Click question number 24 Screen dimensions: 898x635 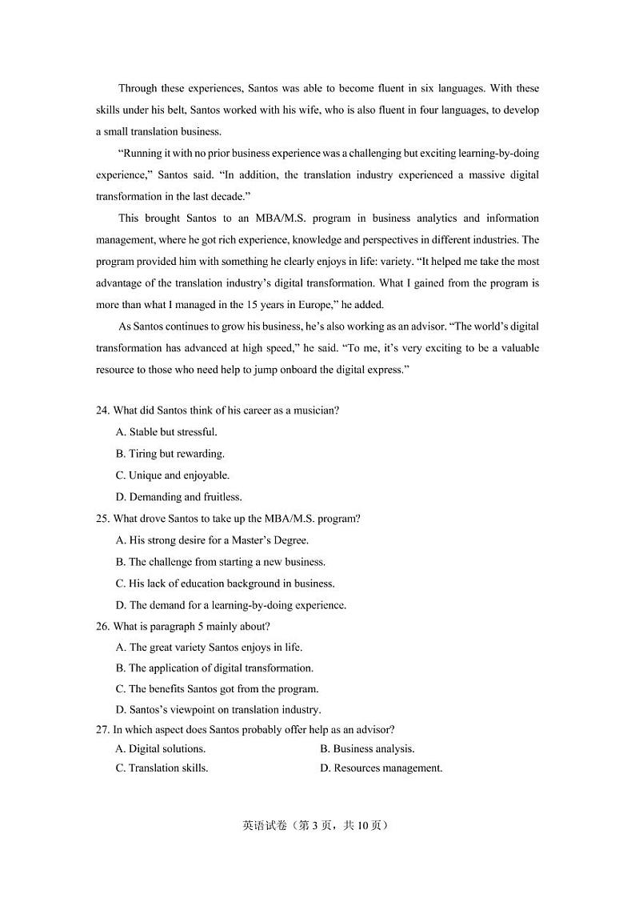point(102,411)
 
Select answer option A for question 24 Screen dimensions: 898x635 point(166,432)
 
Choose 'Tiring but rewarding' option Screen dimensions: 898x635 point(170,454)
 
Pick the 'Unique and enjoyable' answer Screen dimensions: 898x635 point(173,475)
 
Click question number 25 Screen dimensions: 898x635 point(102,519)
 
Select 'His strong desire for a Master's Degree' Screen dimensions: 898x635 point(212,540)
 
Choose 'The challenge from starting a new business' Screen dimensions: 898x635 point(221,562)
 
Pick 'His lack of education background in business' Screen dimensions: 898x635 point(226,583)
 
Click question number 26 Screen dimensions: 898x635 point(102,627)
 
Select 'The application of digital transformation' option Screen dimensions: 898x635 point(214,667)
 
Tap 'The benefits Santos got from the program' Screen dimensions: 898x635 point(218,688)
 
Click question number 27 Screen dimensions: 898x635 point(102,729)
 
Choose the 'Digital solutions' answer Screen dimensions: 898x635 point(161,749)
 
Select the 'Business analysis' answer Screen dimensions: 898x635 point(367,749)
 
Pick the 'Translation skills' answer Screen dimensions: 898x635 point(162,768)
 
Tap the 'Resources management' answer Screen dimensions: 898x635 point(381,768)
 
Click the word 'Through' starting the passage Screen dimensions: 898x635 point(138,89)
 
